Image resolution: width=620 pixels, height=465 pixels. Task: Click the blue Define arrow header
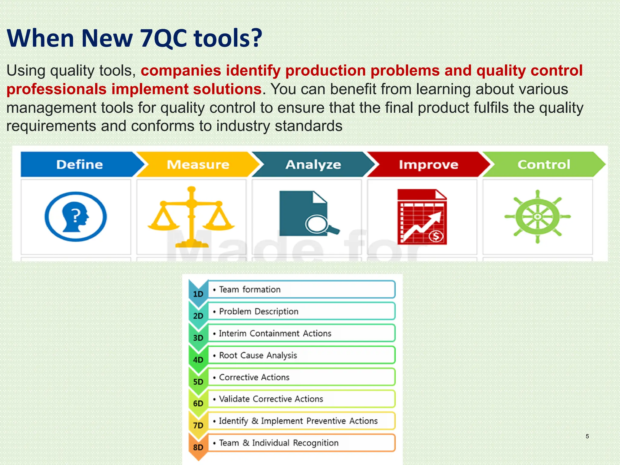[79, 164]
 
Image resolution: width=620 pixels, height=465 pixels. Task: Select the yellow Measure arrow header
[198, 164]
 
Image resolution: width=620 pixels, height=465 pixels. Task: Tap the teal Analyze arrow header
[313, 164]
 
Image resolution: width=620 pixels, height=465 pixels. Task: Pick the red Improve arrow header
[428, 164]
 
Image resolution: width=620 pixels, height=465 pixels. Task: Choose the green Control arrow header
[544, 164]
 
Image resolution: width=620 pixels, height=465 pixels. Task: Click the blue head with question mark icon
[76, 216]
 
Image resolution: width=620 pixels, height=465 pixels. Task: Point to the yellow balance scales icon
[191, 216]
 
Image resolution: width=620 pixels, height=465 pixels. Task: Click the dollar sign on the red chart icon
[436, 236]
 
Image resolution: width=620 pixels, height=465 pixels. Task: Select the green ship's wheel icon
[537, 216]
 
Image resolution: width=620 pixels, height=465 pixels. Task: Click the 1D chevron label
[198, 294]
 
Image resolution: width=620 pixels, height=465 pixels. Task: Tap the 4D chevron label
[198, 360]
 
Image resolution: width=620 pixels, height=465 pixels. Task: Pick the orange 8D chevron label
[198, 447]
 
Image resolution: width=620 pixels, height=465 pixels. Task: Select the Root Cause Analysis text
[258, 355]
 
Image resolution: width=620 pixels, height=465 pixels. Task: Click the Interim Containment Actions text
[275, 333]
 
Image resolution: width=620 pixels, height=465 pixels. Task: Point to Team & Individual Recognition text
[279, 443]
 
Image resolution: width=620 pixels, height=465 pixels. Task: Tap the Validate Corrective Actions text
[271, 399]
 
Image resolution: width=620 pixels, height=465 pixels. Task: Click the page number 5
[587, 436]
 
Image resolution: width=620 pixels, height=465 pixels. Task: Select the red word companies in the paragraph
[181, 71]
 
